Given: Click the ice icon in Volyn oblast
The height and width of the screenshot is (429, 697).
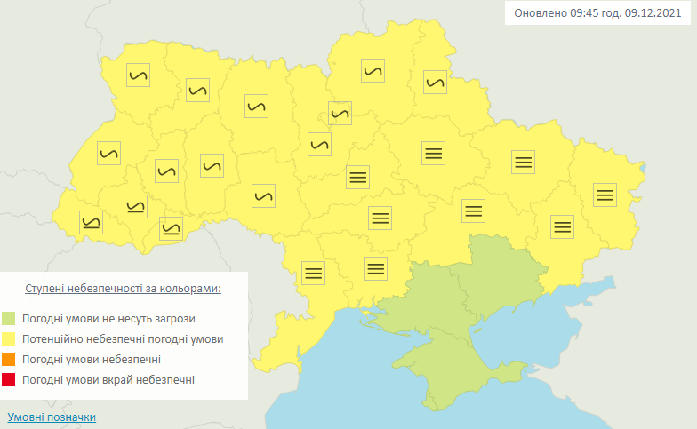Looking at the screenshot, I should (x=139, y=75).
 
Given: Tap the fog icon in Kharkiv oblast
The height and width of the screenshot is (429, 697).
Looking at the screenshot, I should (x=524, y=161).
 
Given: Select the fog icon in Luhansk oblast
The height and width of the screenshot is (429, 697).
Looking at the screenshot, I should (x=605, y=194).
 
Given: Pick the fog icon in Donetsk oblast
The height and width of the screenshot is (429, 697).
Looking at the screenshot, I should (x=562, y=226).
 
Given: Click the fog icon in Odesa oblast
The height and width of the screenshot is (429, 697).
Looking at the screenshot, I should (x=313, y=272).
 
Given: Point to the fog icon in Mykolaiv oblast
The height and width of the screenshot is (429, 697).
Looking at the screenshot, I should (x=376, y=266).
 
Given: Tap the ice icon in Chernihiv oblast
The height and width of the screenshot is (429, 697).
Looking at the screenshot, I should (x=373, y=71).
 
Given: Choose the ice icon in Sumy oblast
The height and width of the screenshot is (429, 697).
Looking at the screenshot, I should (x=434, y=82).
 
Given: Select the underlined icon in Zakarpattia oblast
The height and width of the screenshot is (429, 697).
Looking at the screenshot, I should (x=91, y=222).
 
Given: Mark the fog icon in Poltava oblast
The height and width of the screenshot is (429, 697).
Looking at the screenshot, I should (x=433, y=153).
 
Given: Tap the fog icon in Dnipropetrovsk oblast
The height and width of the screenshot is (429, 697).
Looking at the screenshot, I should (x=473, y=211).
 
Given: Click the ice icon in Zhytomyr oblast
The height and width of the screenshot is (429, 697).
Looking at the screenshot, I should (x=256, y=105).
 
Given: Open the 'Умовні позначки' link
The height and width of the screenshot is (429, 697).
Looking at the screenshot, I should (x=52, y=417).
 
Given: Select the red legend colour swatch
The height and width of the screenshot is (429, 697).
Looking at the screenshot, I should (x=9, y=379).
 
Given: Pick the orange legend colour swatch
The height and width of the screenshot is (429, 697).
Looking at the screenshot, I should (x=9, y=359).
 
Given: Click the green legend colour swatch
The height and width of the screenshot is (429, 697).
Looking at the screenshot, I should (x=9, y=318).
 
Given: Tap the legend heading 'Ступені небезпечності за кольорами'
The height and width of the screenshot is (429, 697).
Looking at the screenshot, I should (x=123, y=289).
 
